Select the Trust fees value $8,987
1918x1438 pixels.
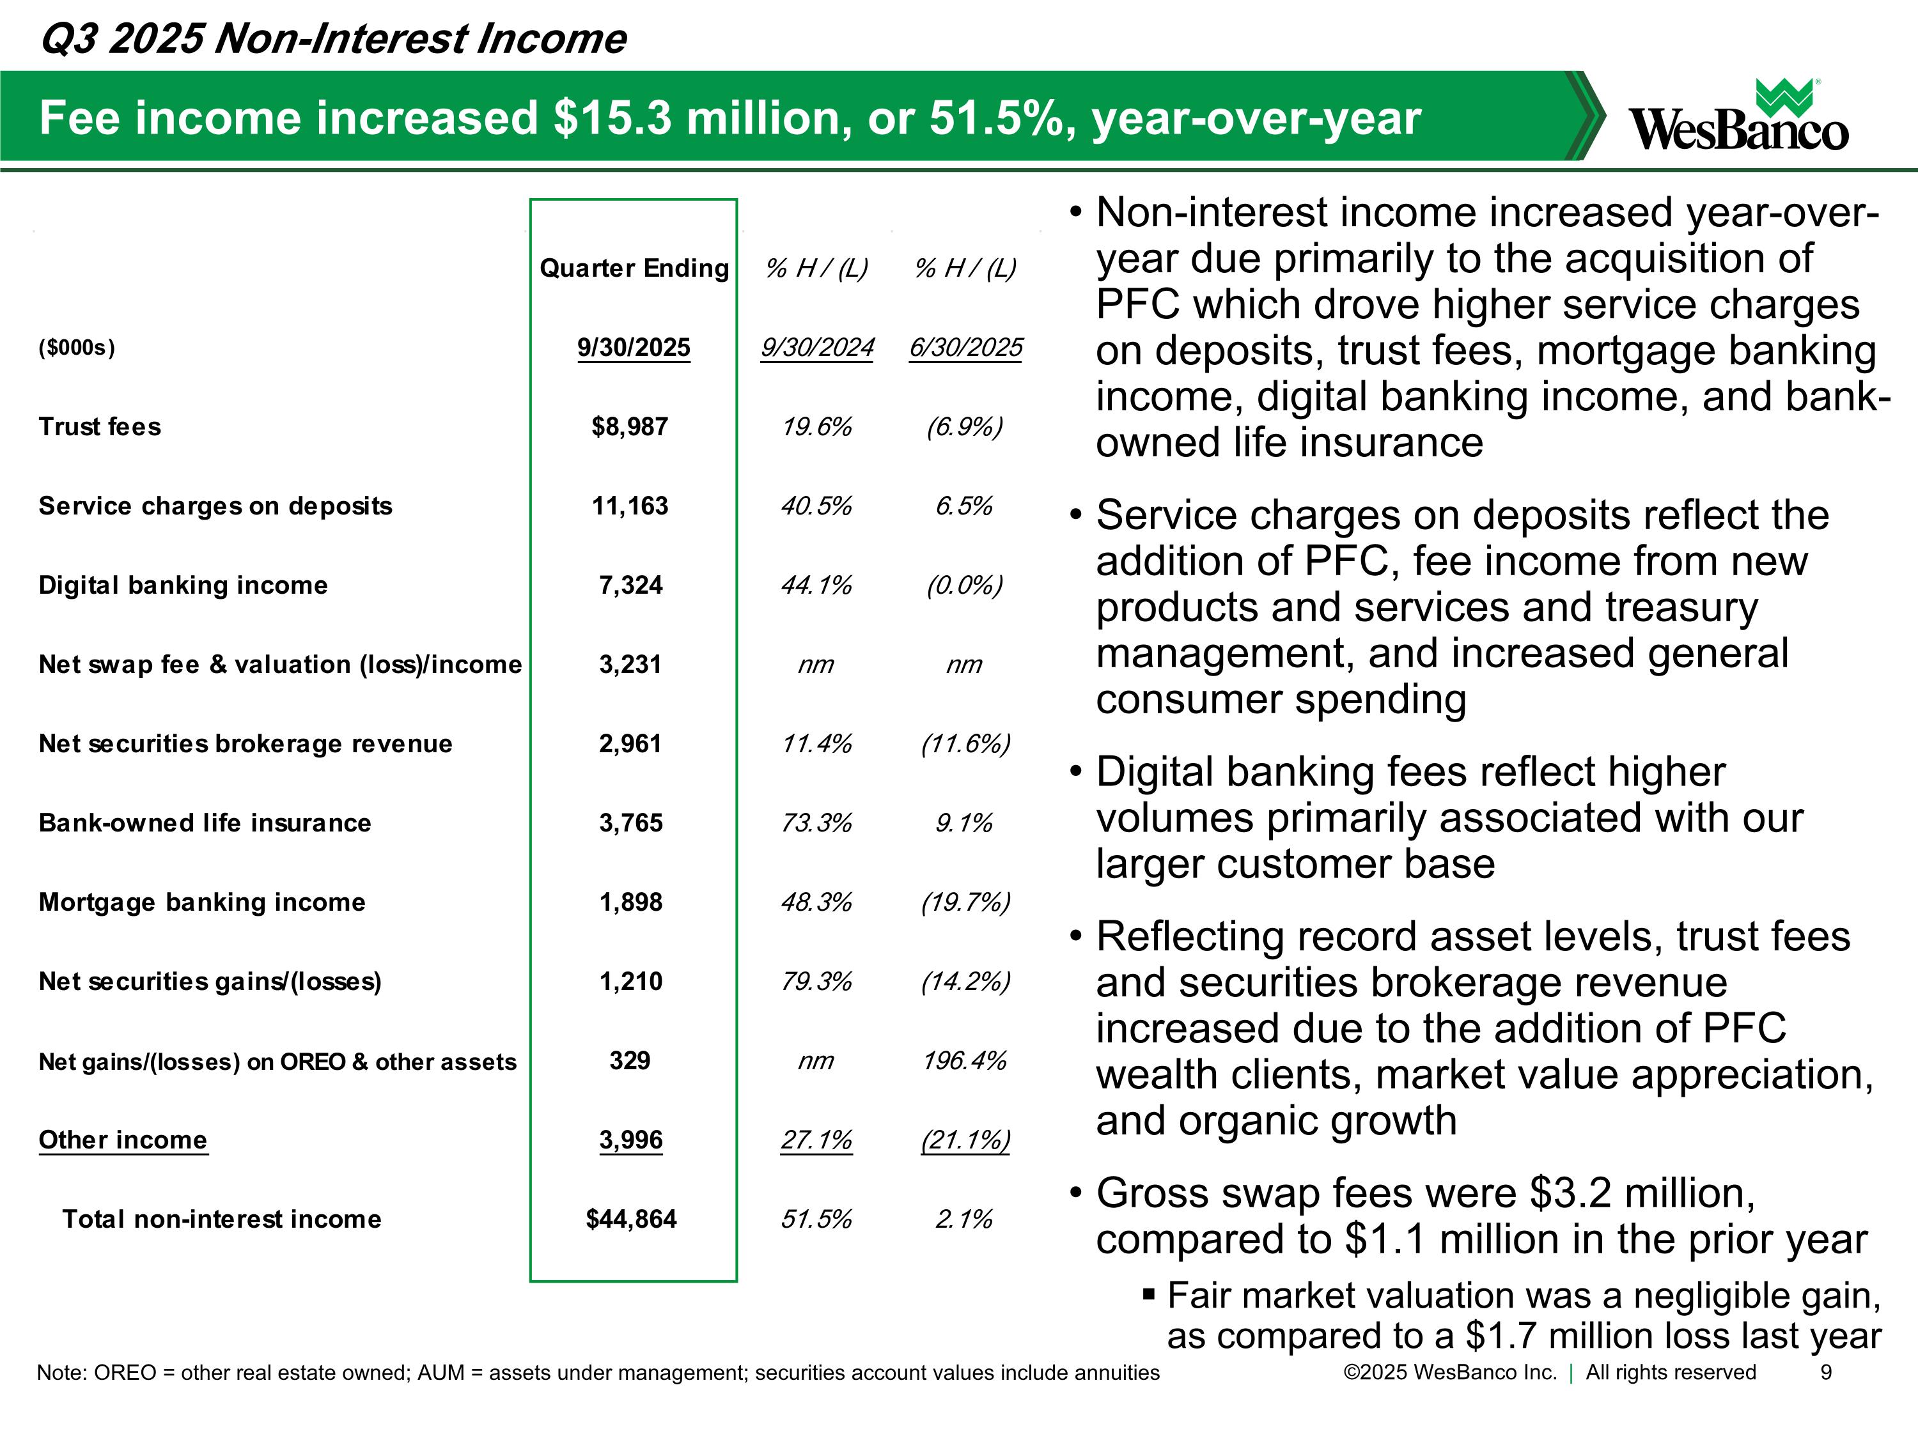[x=630, y=426]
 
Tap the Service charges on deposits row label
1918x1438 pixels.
[x=215, y=506]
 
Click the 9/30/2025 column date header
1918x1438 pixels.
[x=633, y=348]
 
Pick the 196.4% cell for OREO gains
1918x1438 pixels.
[x=964, y=1061]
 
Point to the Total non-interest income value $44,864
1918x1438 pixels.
[x=630, y=1219]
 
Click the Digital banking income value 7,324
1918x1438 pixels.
[x=630, y=585]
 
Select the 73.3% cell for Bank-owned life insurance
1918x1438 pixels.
[x=816, y=823]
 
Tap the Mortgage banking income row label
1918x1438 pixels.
[x=202, y=902]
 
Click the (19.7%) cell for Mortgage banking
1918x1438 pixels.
[x=965, y=902]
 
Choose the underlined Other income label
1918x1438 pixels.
[x=123, y=1140]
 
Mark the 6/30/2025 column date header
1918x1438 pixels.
[x=965, y=348]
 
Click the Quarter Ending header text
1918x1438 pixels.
[x=634, y=268]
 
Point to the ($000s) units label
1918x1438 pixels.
[x=76, y=348]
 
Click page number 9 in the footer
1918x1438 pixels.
[x=1825, y=1372]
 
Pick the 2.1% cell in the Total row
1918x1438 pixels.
[x=963, y=1219]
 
